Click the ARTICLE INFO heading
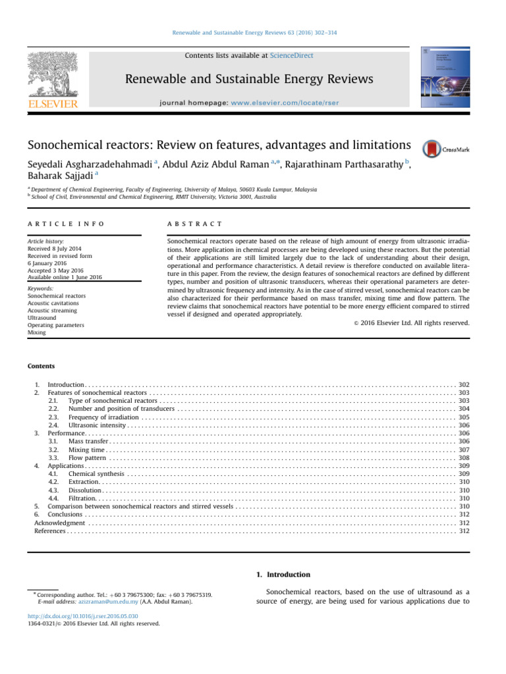click(x=66, y=224)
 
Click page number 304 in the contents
click(x=463, y=408)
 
